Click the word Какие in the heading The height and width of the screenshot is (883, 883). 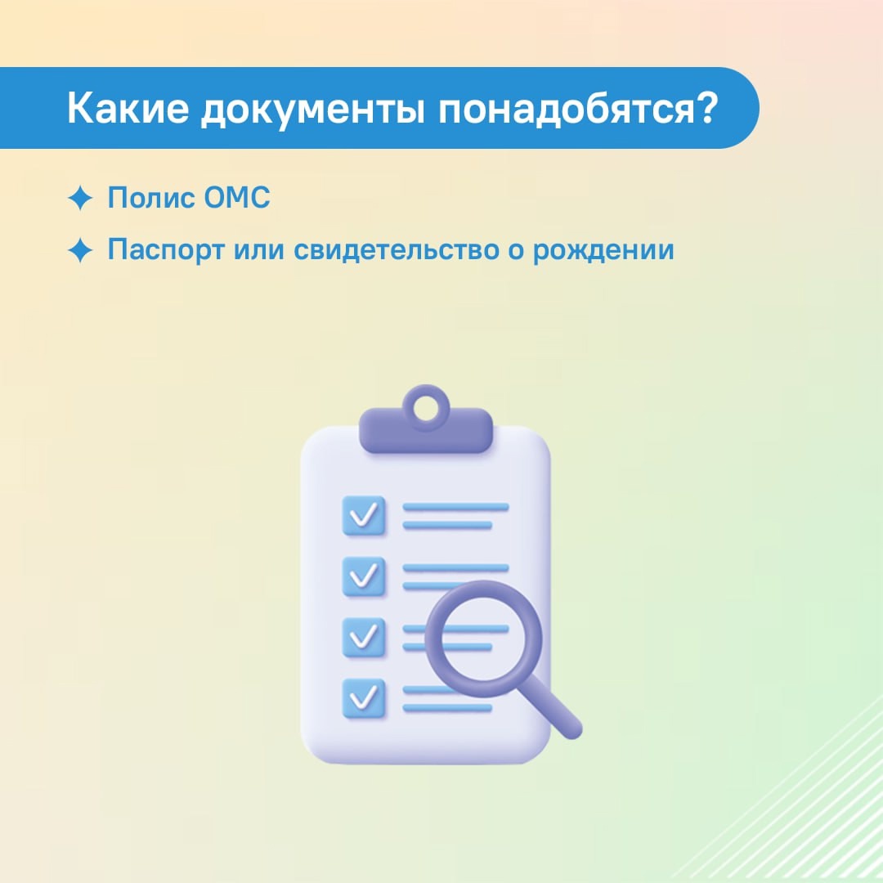[x=128, y=107]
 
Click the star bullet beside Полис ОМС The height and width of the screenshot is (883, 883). [x=80, y=198]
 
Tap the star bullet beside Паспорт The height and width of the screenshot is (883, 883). [x=80, y=250]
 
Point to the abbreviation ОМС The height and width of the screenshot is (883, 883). [x=237, y=198]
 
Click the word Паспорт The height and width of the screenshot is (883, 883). [x=166, y=250]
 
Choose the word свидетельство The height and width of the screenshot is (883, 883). [x=397, y=250]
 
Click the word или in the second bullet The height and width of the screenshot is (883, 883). [x=258, y=251]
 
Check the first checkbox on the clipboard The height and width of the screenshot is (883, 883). [x=364, y=515]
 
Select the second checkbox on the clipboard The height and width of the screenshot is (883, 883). [x=364, y=576]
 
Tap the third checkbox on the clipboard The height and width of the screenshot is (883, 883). [x=364, y=638]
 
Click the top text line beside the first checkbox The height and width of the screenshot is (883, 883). [x=455, y=508]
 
